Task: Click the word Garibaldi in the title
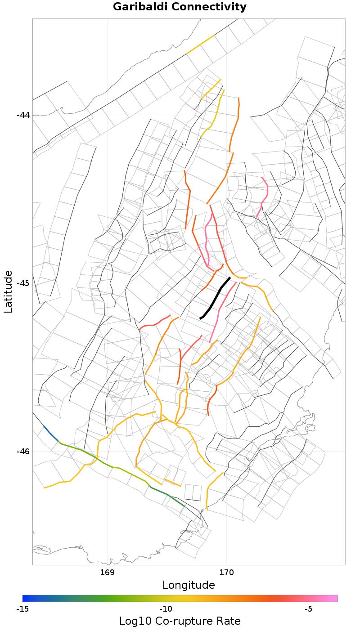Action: tap(140, 7)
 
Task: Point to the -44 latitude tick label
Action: tap(23, 115)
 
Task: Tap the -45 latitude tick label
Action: tap(23, 283)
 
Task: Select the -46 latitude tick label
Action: tap(23, 452)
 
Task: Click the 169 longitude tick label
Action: tap(108, 573)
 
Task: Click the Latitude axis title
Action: tap(8, 291)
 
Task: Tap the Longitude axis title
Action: tap(189, 585)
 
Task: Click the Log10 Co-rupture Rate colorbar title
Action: tap(180, 621)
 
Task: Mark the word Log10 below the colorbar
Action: tap(134, 621)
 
